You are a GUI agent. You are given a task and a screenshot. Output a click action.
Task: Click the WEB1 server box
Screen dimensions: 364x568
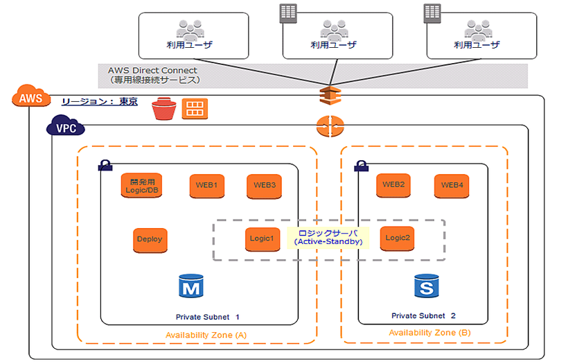pyautogui.click(x=206, y=186)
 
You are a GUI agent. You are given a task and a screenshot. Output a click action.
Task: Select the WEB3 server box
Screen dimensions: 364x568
pyautogui.click(x=264, y=186)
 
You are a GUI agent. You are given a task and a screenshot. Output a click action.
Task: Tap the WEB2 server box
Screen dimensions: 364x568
pyautogui.click(x=393, y=185)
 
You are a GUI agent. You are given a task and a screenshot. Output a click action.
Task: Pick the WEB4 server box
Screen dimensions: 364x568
pyautogui.click(x=452, y=185)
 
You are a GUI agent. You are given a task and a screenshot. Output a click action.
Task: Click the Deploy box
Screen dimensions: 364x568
pyautogui.click(x=149, y=239)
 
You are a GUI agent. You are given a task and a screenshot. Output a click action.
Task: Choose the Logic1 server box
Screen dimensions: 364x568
pyautogui.click(x=262, y=239)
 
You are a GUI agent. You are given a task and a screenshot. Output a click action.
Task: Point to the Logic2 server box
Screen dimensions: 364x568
pyautogui.click(x=398, y=238)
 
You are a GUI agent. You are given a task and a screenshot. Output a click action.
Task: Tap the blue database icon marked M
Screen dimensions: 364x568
pyautogui.click(x=189, y=285)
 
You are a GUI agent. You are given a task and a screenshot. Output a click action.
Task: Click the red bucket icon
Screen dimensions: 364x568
pyautogui.click(x=164, y=109)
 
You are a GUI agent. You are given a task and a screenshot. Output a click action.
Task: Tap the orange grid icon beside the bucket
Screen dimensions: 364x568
pyautogui.click(x=195, y=109)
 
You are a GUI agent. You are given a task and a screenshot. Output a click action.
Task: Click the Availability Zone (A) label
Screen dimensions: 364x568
pyautogui.click(x=206, y=336)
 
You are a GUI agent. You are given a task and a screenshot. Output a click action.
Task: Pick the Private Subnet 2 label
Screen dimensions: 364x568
pyautogui.click(x=423, y=316)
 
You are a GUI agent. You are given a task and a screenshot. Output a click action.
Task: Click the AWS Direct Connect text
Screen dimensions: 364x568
pyautogui.click(x=152, y=71)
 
